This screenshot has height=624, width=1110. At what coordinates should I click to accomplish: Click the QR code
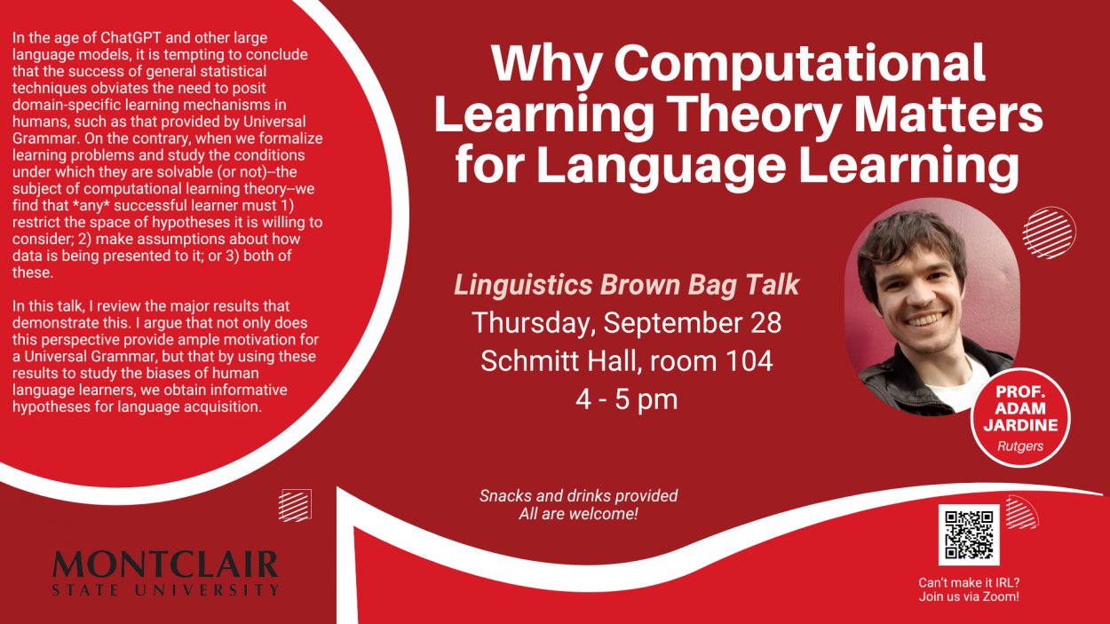(969, 535)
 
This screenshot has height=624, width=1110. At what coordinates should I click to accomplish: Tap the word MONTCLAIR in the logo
(165, 564)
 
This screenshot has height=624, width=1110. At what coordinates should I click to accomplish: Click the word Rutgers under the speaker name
(1020, 446)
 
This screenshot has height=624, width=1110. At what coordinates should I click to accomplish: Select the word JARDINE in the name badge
(1021, 425)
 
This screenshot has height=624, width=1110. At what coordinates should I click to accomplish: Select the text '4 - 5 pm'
(626, 399)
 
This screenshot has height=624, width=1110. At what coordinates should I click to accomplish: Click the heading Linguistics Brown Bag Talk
(627, 285)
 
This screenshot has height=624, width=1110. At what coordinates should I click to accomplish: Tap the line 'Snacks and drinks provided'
(578, 495)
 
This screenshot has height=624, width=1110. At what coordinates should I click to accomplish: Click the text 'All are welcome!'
(578, 514)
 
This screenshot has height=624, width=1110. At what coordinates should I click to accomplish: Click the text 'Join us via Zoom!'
(969, 596)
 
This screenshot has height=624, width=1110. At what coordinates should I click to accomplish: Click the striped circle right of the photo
(1049, 233)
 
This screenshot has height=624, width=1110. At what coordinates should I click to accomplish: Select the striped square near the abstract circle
(295, 505)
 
